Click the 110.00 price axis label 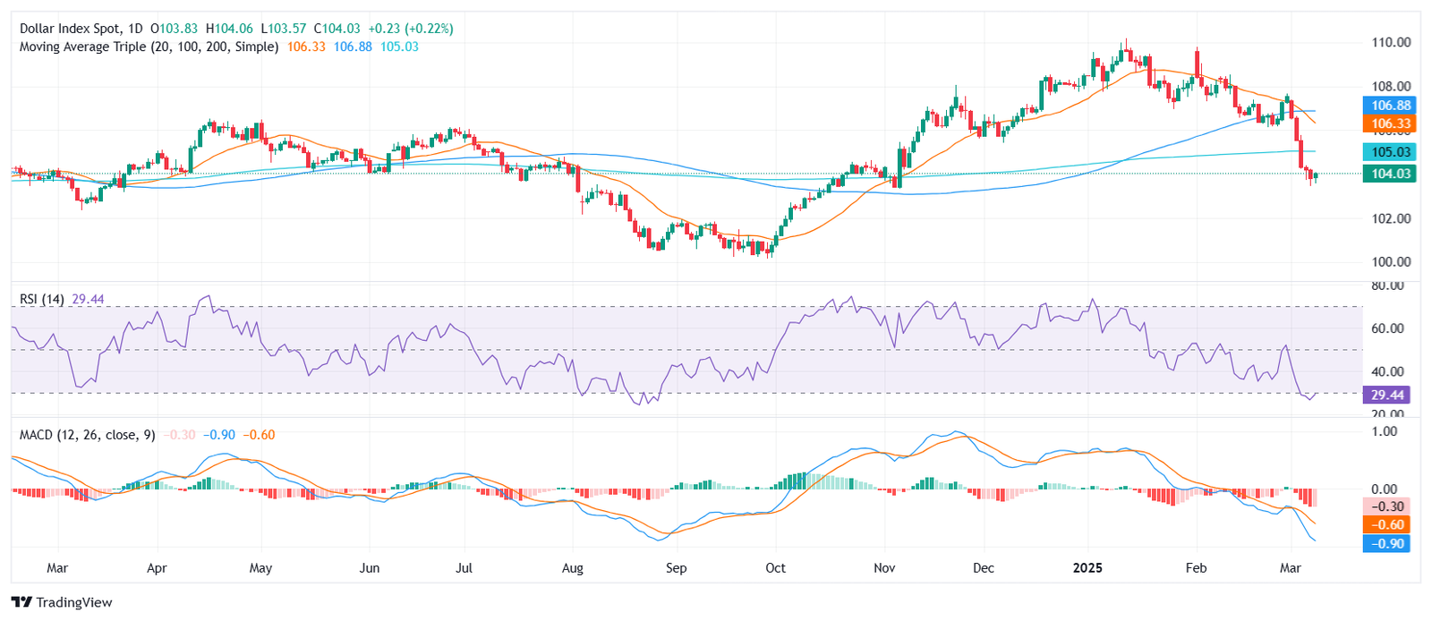[1391, 42]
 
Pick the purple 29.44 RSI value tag [1387, 395]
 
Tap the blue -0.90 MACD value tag [1387, 543]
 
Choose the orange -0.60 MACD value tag [1387, 524]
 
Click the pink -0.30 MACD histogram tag [1387, 506]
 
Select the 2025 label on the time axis [1087, 568]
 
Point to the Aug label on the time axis [572, 568]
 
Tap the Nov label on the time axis [884, 568]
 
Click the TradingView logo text [73, 602]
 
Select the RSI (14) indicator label [42, 299]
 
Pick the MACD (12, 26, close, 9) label [87, 435]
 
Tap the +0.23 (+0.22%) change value [411, 29]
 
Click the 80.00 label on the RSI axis [1387, 286]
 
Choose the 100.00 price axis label [1391, 262]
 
